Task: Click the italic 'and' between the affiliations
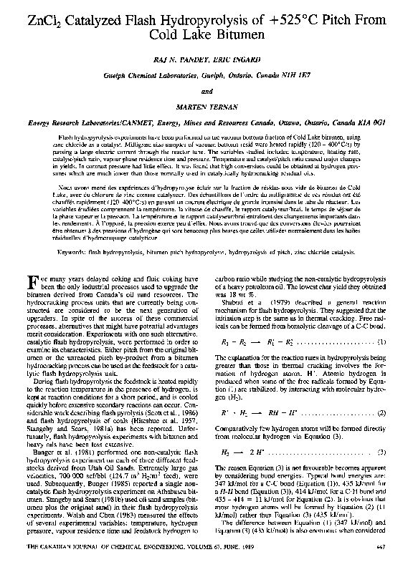tap(206, 91)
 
